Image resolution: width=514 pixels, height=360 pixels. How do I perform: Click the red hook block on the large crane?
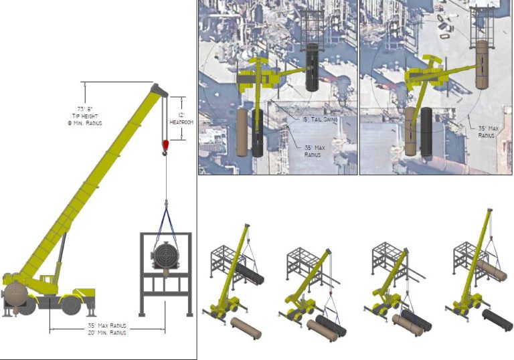click(x=165, y=145)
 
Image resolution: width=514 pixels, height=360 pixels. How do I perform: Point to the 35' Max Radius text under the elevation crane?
click(x=107, y=326)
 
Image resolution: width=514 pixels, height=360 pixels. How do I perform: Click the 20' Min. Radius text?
click(x=107, y=333)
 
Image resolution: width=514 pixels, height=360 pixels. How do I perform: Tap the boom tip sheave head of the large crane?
click(x=159, y=89)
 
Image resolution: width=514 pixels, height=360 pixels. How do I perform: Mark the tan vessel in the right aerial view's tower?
click(x=482, y=65)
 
